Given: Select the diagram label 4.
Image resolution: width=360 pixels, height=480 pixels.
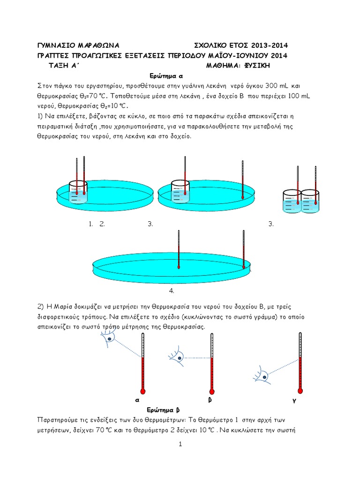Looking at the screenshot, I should click(x=172, y=291).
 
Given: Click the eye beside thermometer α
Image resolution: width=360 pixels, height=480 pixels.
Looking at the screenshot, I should click(x=109, y=337).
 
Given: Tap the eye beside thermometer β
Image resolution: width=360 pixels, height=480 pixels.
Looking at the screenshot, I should click(x=178, y=357).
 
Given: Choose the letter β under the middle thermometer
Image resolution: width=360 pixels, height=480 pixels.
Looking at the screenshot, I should click(x=210, y=400).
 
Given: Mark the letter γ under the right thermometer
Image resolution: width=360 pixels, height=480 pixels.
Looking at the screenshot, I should click(x=295, y=402).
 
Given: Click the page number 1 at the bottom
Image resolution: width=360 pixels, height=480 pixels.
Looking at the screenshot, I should click(x=180, y=444).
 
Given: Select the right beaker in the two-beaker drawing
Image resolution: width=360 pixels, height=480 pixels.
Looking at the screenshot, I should click(x=310, y=202).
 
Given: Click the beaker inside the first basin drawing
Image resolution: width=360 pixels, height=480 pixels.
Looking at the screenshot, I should click(x=78, y=192).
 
